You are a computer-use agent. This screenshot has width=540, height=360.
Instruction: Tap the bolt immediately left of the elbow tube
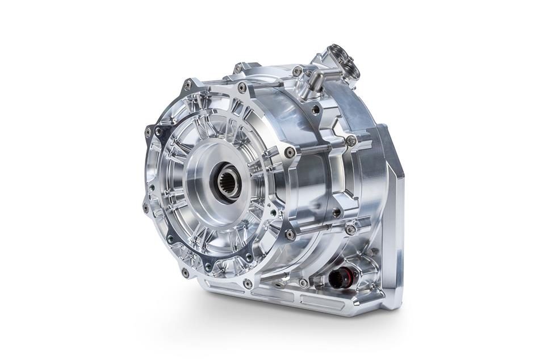click(297, 71)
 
